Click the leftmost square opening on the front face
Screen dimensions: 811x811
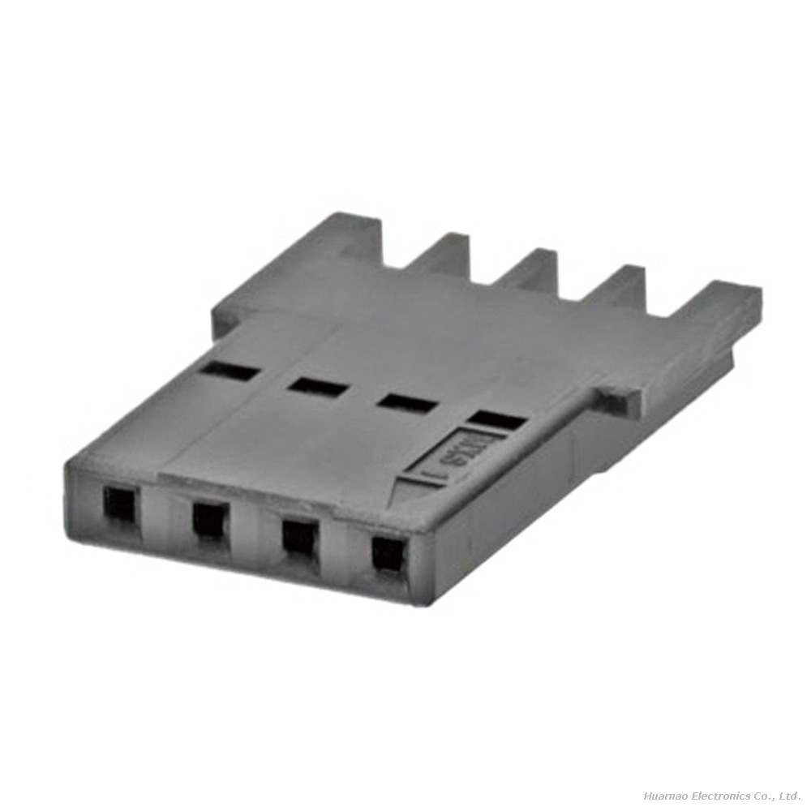coord(120,505)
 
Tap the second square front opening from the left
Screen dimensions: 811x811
coord(210,519)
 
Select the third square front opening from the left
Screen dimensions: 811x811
coord(299,536)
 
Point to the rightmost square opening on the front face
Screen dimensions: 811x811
coord(388,554)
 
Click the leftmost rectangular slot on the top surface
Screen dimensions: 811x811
coord(231,371)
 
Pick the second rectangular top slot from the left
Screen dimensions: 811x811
coord(319,387)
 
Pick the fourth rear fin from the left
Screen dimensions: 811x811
coord(618,286)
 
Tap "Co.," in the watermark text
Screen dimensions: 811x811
coord(765,796)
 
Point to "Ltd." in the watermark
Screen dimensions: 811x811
coord(791,796)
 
